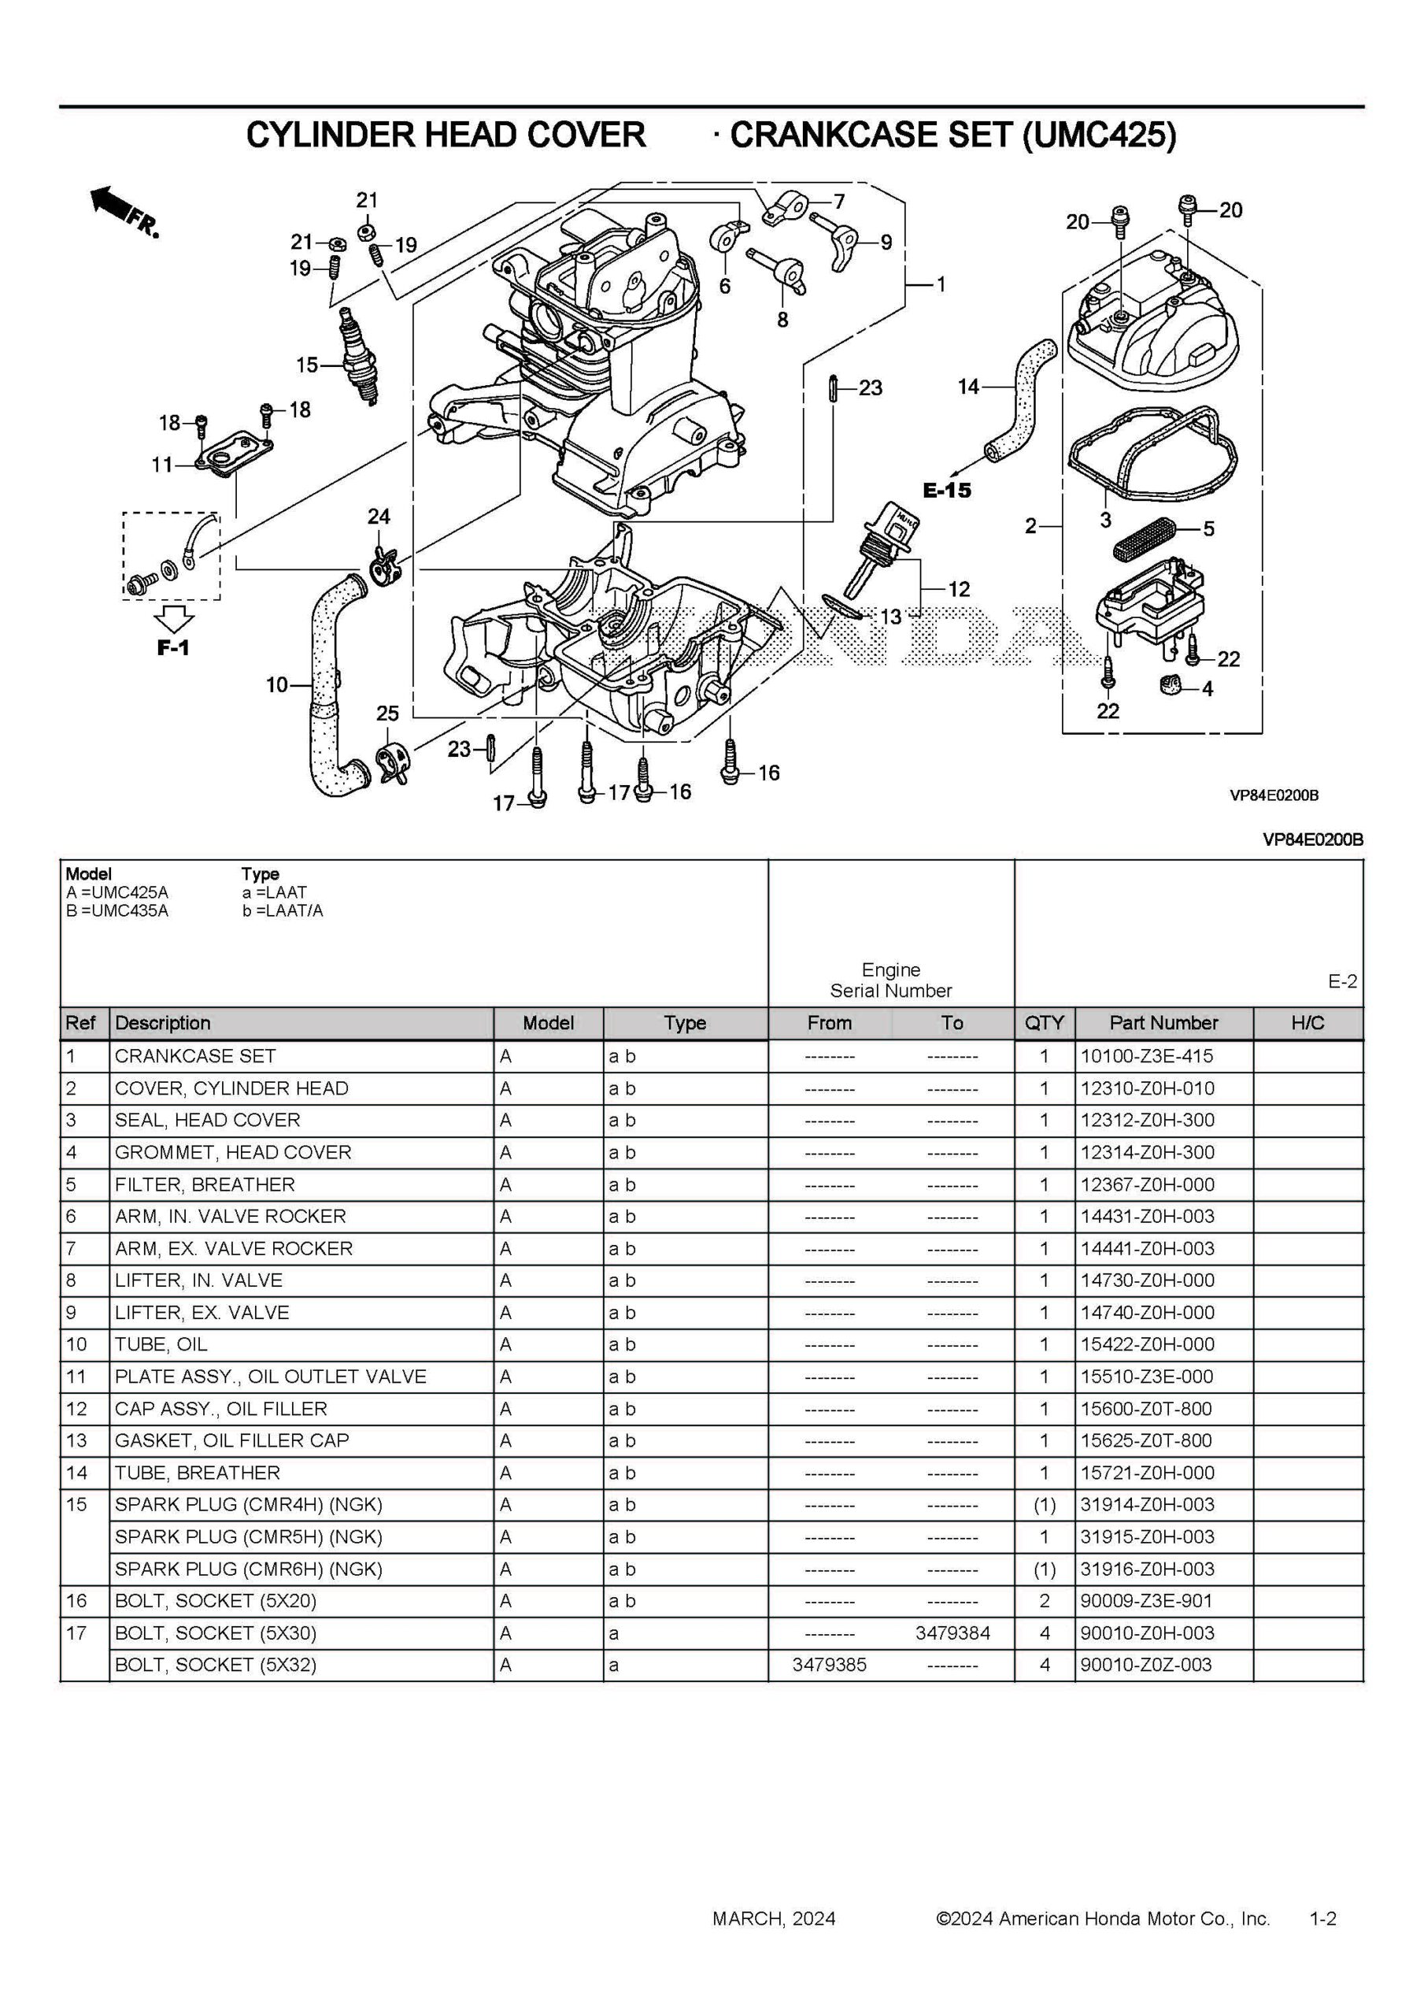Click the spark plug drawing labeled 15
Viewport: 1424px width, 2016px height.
360,357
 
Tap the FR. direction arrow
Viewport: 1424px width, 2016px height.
123,211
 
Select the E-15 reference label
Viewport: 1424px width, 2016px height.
946,490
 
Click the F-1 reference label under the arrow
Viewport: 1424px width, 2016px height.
173,648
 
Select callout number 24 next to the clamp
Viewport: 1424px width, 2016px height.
379,517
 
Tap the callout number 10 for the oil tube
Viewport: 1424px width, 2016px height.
276,684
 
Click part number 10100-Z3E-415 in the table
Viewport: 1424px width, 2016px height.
1147,1056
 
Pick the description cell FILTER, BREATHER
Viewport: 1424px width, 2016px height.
205,1184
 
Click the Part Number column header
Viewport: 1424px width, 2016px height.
1163,1023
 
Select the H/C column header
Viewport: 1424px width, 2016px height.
1307,1023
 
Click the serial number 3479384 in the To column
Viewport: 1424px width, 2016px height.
952,1633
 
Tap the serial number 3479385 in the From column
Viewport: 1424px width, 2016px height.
829,1665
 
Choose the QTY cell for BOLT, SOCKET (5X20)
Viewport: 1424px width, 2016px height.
1044,1601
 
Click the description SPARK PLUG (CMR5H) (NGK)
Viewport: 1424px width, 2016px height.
249,1536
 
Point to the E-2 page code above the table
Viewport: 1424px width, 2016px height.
1341,982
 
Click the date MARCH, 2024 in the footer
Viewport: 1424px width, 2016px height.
774,1918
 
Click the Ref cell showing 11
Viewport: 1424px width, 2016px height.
76,1377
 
